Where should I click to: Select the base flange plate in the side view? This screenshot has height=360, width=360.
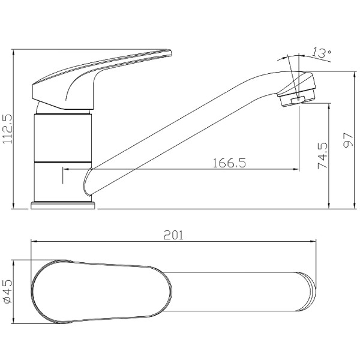click(x=63, y=206)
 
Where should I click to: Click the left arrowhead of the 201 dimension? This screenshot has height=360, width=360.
click(x=33, y=242)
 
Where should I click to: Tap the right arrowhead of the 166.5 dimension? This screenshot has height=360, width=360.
click(x=296, y=170)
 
